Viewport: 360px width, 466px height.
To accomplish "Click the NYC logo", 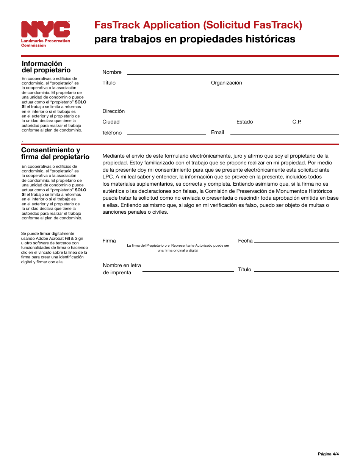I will tap(45, 30).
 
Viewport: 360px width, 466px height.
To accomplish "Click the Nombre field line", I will tap(233, 74).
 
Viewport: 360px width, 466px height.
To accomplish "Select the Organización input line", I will tap(292, 84).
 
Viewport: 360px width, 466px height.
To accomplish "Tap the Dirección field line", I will tap(233, 113).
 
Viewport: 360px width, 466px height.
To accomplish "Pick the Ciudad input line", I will tap(177, 124).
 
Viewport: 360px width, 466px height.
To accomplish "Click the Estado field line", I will tap(269, 124).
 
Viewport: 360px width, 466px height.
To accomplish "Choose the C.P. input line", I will tap(321, 124).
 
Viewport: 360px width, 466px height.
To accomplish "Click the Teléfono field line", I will tap(167, 134).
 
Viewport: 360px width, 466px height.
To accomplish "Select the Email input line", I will tap(284, 134).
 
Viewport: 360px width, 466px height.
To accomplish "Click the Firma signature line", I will tap(177, 242).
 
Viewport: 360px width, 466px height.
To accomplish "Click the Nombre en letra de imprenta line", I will tap(188, 271).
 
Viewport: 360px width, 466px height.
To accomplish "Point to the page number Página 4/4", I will tap(328, 454).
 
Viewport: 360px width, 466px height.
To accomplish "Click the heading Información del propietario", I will tap(46, 67).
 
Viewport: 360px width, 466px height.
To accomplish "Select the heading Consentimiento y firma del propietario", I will tap(55, 153).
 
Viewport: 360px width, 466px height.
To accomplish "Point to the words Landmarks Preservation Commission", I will tap(45, 43).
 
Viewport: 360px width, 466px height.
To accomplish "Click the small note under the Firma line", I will tap(178, 248).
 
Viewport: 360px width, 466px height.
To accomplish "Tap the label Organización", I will tap(226, 83).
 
